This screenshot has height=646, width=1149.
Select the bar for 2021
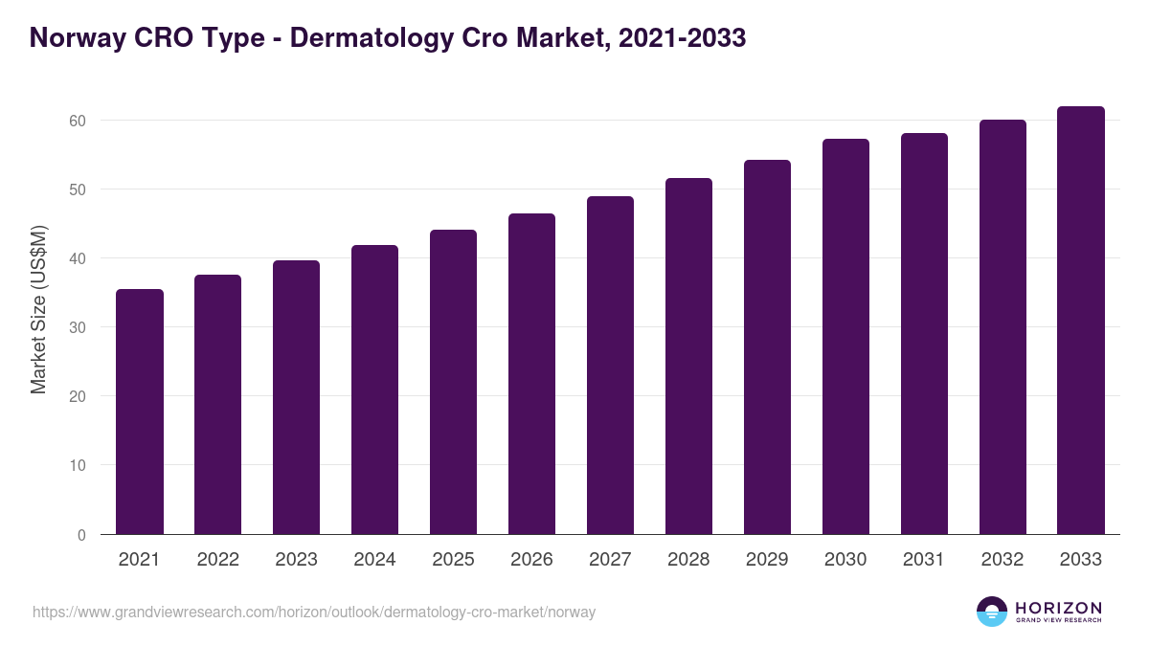pos(140,412)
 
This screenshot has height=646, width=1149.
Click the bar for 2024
pos(374,390)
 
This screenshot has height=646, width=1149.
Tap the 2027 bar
pos(610,366)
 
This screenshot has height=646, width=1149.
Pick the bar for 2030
pos(845,337)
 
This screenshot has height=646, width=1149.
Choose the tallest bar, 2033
pos(1081,321)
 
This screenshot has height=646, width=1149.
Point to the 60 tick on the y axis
pos(78,121)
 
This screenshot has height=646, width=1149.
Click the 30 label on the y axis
pos(78,327)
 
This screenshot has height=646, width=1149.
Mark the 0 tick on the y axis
pos(81,535)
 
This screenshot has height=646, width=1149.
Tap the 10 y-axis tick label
pos(78,466)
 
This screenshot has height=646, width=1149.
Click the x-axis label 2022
pos(217,560)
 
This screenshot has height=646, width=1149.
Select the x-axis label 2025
pos(453,560)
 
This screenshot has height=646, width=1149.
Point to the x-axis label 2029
pos(767,560)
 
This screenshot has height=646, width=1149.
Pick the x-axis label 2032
pos(1003,560)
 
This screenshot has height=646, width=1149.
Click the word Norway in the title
pos(75,38)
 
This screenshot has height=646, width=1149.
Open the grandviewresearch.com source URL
pos(314,613)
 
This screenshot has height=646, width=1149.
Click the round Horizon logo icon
pos(992,612)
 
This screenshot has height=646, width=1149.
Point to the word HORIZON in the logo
pos(1058,608)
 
